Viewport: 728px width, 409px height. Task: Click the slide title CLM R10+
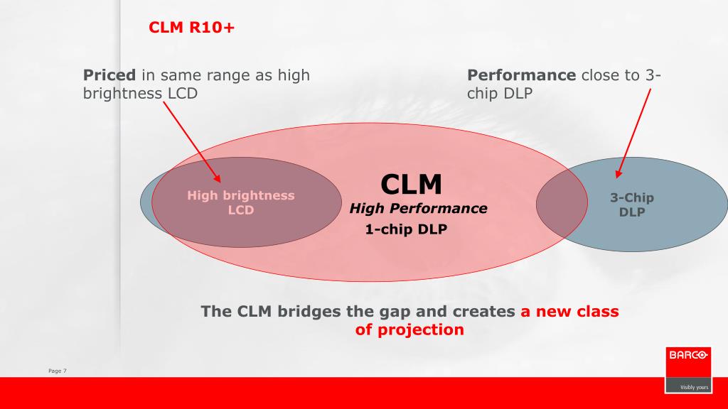point(191,28)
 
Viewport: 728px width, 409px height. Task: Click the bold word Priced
point(109,75)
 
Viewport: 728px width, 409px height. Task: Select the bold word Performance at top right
point(521,75)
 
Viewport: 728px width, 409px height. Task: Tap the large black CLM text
point(411,184)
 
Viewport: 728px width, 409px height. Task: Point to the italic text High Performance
point(418,209)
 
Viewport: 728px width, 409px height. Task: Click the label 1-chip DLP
point(406,229)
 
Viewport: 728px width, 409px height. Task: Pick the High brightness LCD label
point(240,202)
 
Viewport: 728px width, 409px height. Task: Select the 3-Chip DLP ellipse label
point(632,204)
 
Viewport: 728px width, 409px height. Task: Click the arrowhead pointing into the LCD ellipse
point(218,178)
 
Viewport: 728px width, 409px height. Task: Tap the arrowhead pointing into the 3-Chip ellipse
point(619,174)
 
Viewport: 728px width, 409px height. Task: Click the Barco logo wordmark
point(688,355)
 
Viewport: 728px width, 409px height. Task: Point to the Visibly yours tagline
point(694,387)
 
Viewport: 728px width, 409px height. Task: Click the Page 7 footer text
point(57,371)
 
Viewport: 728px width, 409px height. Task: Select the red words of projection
point(409,329)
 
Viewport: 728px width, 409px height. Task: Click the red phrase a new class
point(569,311)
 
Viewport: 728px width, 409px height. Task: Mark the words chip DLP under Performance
point(500,93)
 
